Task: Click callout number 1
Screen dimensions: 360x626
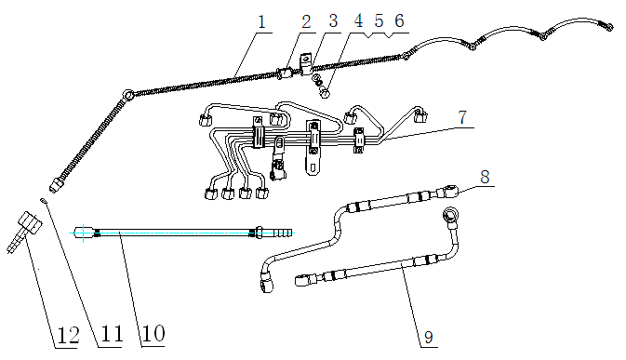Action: point(261,20)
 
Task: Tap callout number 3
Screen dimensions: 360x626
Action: point(333,20)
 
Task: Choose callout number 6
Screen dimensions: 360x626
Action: point(400,20)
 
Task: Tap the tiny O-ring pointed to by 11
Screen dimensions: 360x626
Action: point(43,198)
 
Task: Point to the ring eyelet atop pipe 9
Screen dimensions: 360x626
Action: point(450,216)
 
